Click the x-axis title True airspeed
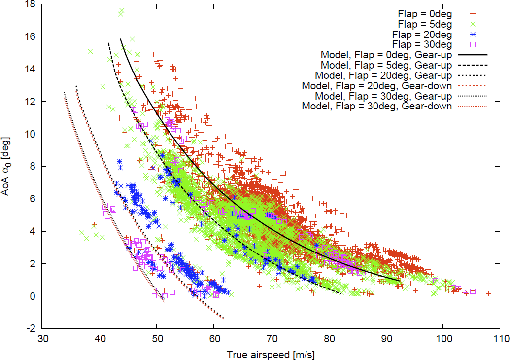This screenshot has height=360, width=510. pos(271,355)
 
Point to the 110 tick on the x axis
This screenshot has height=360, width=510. pos(500,340)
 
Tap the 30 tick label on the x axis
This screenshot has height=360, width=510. pos(42,340)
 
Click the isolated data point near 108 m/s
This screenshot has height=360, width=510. pos(488,294)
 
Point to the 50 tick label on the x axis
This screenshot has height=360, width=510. pos(157,340)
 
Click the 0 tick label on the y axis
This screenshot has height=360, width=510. pos(34,296)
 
